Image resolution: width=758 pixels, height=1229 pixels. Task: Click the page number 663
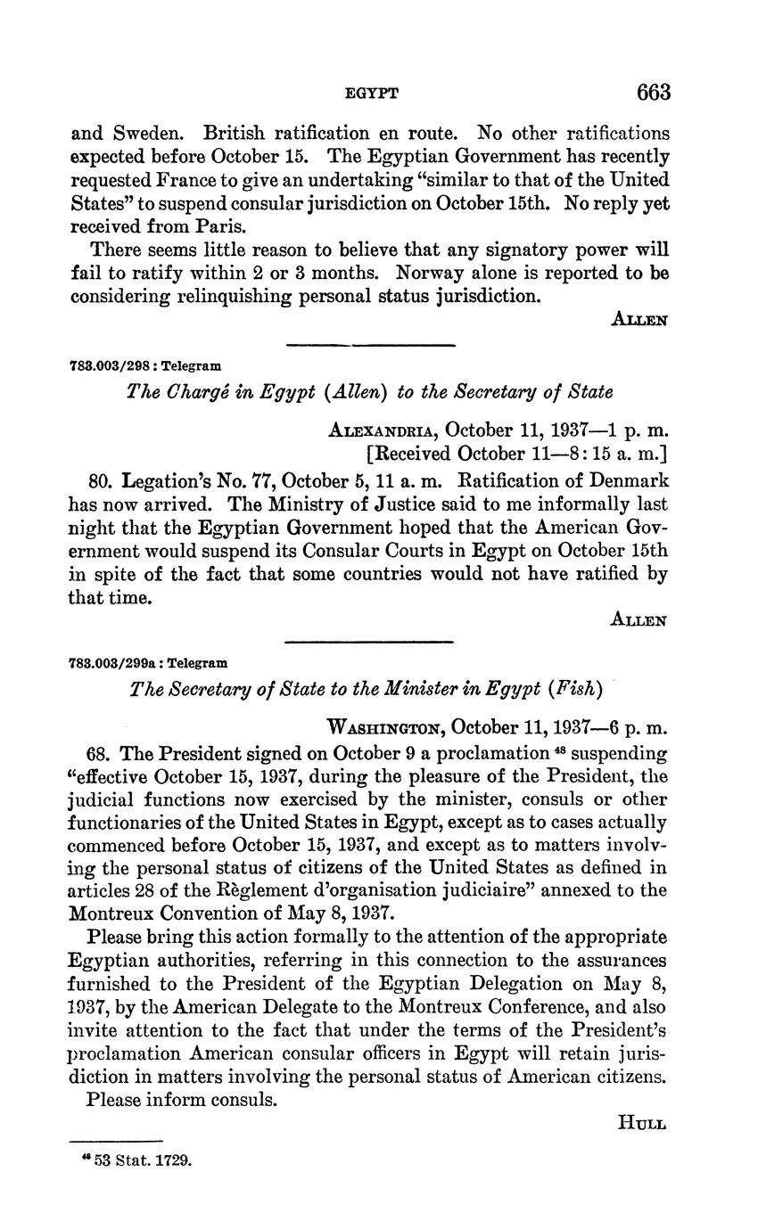click(x=653, y=92)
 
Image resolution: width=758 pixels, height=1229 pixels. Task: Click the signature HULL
click(x=642, y=1123)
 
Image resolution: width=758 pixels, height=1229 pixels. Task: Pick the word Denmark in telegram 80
click(x=628, y=481)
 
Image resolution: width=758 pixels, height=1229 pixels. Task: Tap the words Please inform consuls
click(x=182, y=1100)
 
